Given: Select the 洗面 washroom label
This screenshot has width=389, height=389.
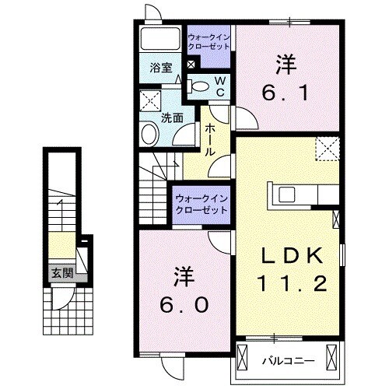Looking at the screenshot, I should (x=172, y=118).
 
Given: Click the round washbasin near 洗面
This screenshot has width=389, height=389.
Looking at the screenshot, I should (x=149, y=134).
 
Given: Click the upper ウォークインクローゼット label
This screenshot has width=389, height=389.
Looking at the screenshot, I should (x=209, y=40).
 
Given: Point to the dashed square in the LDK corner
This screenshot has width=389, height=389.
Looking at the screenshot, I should (x=328, y=148).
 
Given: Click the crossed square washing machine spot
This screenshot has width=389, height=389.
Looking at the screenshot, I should (x=149, y=100).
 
